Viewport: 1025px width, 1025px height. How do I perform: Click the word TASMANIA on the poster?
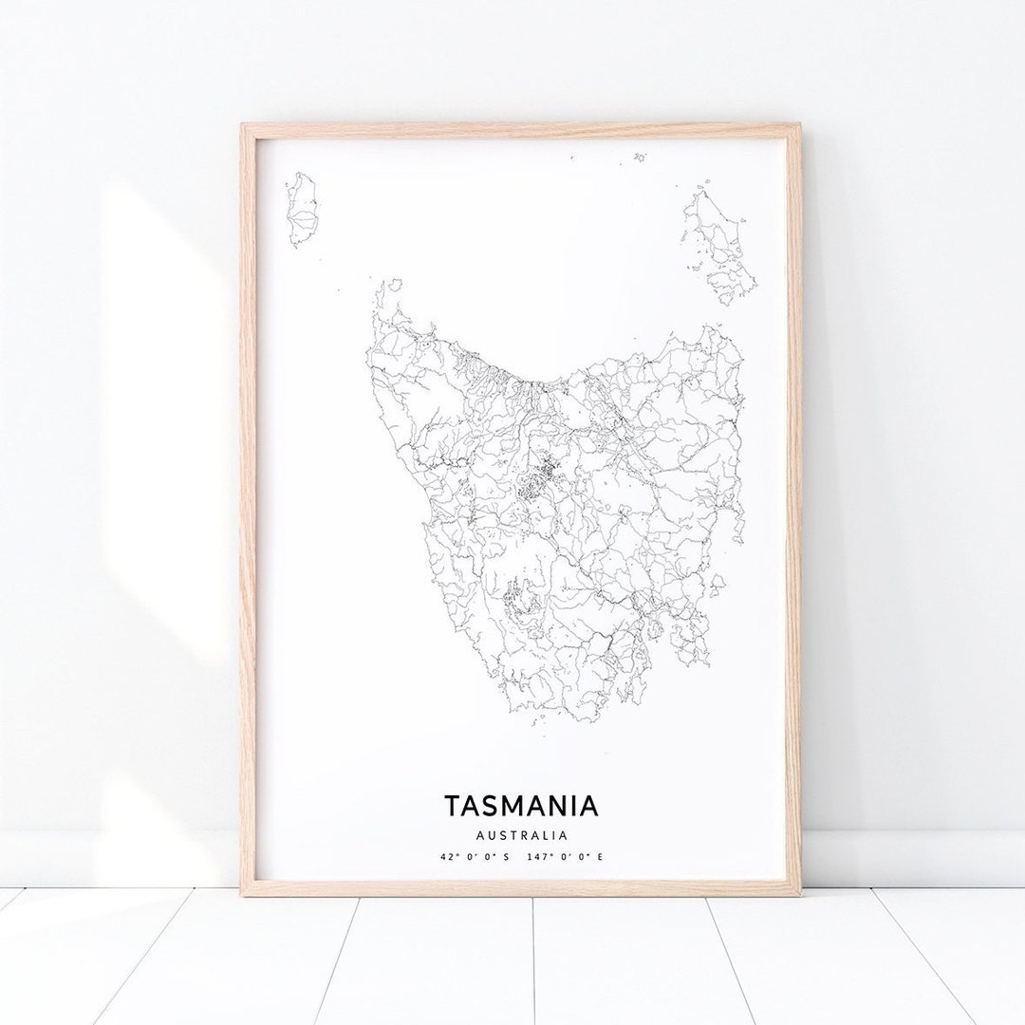(521, 806)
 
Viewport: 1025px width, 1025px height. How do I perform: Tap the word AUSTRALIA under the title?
(521, 836)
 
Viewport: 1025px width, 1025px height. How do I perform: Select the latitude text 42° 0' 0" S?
(475, 857)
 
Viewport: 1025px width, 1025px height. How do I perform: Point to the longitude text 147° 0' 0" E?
(568, 857)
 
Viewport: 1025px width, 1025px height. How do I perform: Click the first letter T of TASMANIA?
(452, 806)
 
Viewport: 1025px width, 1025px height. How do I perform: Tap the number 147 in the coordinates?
(544, 857)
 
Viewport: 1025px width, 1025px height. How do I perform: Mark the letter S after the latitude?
(506, 857)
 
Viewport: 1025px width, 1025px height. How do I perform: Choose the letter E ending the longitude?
(600, 857)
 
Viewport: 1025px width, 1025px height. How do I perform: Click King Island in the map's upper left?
(303, 211)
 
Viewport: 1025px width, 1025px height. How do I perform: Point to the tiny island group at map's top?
(640, 157)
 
